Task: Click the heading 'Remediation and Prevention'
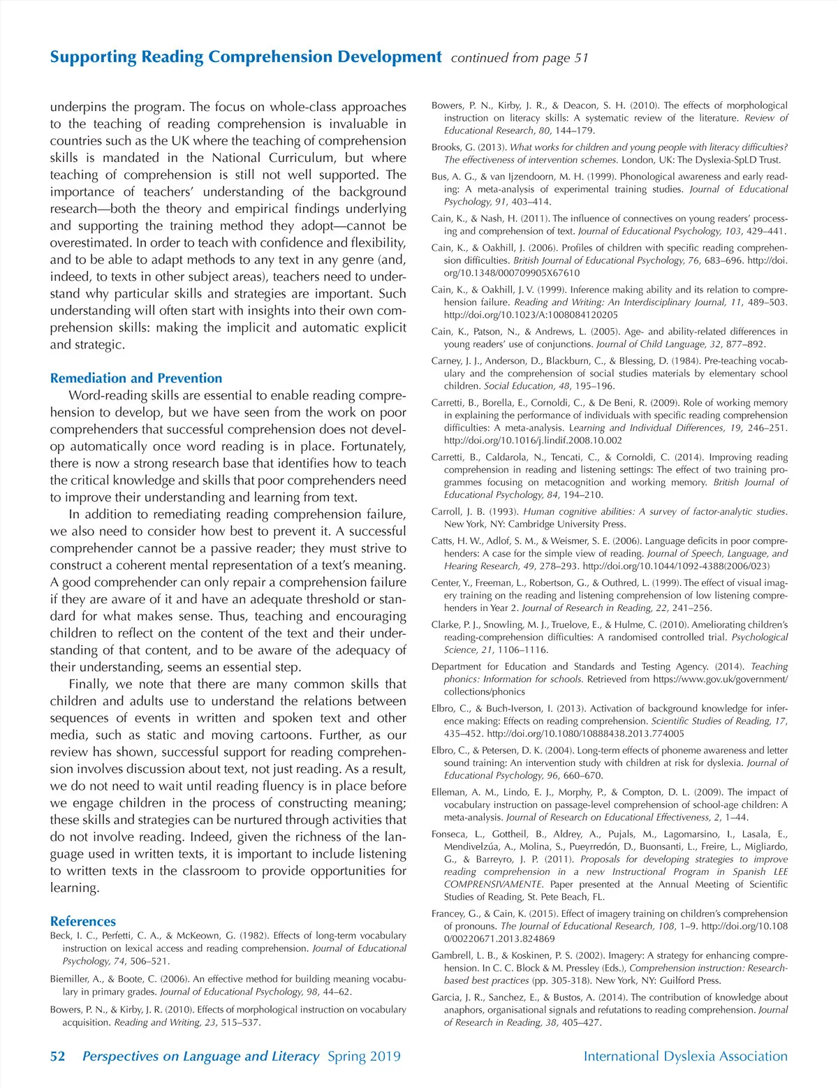(x=135, y=378)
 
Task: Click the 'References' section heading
(x=83, y=921)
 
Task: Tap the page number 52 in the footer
(x=57, y=1056)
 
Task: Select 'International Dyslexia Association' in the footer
(x=685, y=1056)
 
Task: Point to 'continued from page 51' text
(x=520, y=58)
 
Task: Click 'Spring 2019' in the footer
(x=364, y=1056)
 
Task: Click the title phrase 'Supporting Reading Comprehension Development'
(x=246, y=57)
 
